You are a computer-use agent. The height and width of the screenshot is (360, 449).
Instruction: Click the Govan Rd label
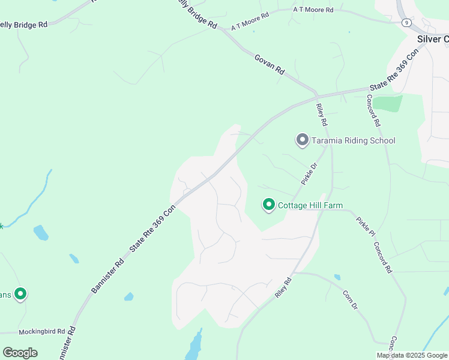coord(270,64)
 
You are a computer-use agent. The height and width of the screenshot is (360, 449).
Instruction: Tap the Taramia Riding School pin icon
coord(302,140)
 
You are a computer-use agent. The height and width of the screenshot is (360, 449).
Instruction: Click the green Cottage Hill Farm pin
coord(268,205)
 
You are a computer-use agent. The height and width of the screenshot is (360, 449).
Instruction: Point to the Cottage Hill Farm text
coord(310,205)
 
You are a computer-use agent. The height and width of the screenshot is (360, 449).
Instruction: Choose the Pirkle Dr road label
coord(309,175)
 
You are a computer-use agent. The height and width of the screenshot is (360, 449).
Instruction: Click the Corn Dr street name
coord(350,299)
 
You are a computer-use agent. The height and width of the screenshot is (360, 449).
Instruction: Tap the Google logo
coord(20,353)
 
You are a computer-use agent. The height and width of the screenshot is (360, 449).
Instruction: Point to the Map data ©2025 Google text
coord(412,355)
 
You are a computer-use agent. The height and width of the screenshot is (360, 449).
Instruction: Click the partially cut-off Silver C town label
coord(433,39)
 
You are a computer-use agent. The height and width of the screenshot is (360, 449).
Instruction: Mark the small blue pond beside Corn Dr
coord(337,277)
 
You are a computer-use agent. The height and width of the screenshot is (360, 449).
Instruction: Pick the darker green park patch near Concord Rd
coord(388,103)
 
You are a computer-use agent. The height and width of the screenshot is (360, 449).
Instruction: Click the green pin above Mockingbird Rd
coord(20,293)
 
